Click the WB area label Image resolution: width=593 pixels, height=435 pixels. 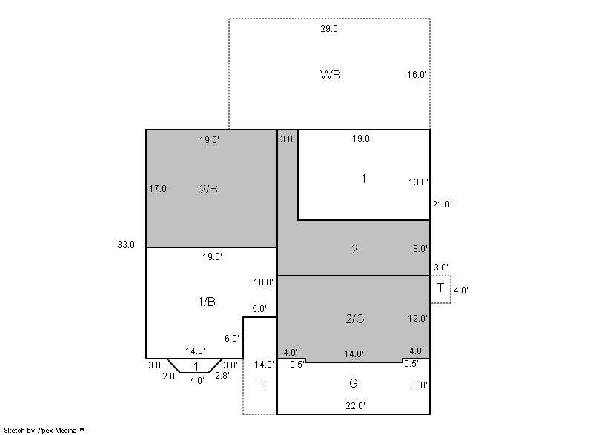click(330, 75)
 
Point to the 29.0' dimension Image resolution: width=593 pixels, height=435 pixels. click(330, 29)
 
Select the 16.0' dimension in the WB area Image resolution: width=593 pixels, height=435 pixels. click(417, 74)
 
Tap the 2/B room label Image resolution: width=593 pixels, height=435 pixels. click(208, 189)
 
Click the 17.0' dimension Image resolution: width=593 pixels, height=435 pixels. click(159, 188)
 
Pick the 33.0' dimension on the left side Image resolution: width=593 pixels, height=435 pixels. click(127, 244)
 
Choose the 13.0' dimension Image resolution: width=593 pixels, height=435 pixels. click(418, 182)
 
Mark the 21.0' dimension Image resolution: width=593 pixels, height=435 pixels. click(443, 205)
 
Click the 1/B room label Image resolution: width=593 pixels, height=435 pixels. click(207, 302)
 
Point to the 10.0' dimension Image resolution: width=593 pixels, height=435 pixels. click(264, 282)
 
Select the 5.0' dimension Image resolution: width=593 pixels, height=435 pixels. click(259, 309)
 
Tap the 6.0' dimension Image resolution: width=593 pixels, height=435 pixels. click(232, 338)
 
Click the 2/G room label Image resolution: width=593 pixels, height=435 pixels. click(355, 319)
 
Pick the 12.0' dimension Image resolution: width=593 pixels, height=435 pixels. click(417, 319)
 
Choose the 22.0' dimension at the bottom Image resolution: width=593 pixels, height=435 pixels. click(356, 406)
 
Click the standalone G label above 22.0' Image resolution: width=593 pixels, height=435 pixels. click(354, 383)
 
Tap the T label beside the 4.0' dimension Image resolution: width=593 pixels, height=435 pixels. click(440, 288)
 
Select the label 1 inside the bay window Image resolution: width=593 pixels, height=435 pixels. click(196, 366)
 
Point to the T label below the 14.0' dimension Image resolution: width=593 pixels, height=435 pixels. click(262, 386)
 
